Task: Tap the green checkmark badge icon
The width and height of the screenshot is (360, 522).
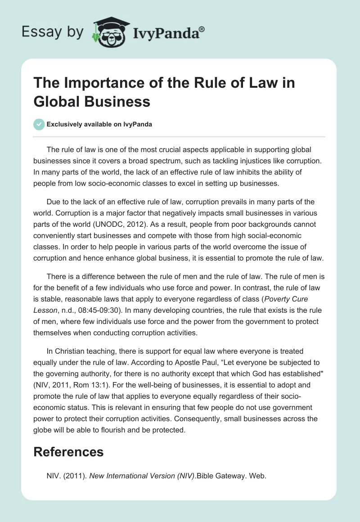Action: [39, 124]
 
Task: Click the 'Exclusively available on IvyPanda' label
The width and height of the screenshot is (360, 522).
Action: [99, 125]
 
